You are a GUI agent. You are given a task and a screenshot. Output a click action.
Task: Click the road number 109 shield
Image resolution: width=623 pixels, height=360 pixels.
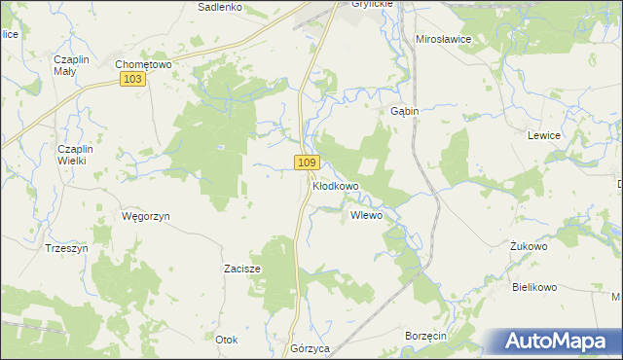(307, 162)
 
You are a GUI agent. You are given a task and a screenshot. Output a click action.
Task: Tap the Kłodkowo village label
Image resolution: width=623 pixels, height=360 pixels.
(336, 185)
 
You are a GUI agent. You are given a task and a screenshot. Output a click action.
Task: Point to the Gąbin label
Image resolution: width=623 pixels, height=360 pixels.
(405, 111)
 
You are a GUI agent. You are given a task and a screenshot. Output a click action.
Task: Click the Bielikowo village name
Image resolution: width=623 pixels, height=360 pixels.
(533, 287)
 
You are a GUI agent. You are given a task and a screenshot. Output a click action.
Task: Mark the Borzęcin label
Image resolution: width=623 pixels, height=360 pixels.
(424, 335)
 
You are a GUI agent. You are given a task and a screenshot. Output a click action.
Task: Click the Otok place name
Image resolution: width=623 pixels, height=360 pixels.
(226, 340)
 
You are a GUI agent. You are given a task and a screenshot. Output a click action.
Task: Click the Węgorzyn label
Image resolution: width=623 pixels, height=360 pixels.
(146, 216)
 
